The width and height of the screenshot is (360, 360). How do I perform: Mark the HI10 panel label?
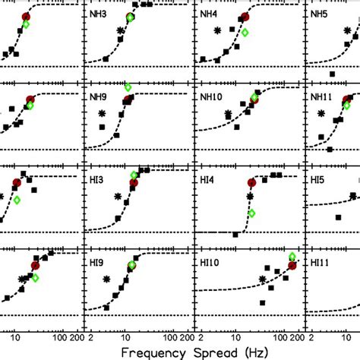click(x=210, y=263)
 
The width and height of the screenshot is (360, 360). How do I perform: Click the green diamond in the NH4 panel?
click(x=245, y=33)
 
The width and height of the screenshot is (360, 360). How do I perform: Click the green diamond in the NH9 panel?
click(x=128, y=87)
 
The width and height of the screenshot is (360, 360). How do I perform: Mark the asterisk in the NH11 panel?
click(x=321, y=113)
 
